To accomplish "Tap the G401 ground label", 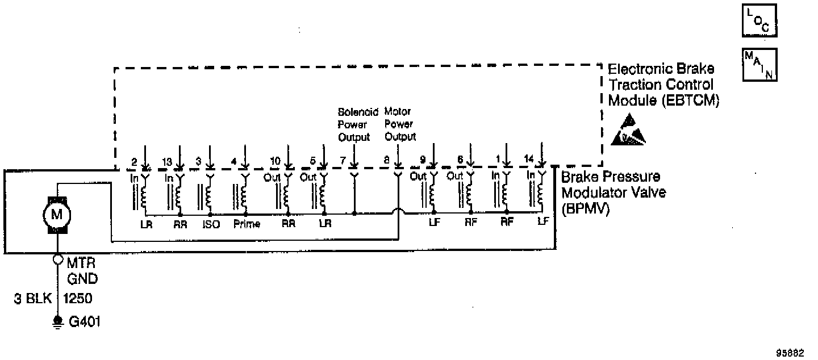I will pyautogui.click(x=85, y=322).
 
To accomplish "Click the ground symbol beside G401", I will pyautogui.click(x=57, y=321).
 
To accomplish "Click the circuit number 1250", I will pyautogui.click(x=79, y=298).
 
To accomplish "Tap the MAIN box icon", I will pyautogui.click(x=759, y=64).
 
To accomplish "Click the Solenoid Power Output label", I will pyautogui.click(x=354, y=124).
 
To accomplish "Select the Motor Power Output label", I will pyautogui.click(x=400, y=124).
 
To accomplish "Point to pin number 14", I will pyautogui.click(x=529, y=158).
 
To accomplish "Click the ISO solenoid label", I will pyautogui.click(x=211, y=224).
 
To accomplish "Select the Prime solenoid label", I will pyautogui.click(x=247, y=224).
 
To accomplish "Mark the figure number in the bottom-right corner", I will pyautogui.click(x=791, y=352).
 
